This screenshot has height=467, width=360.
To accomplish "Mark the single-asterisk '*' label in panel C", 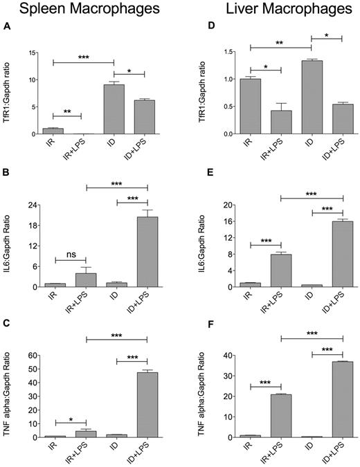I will tap(69, 418).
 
